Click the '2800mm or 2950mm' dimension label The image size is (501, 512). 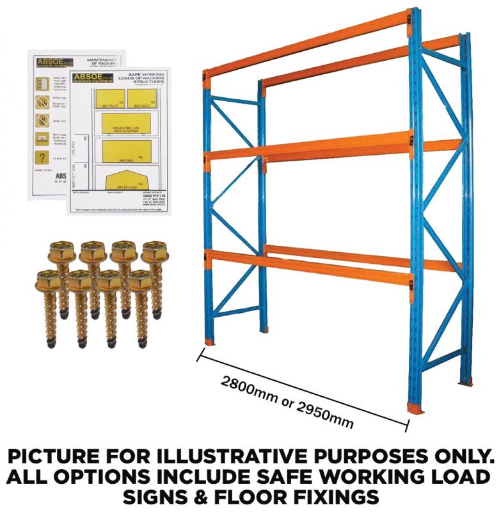[x=287, y=403]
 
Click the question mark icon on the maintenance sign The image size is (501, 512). [x=42, y=157]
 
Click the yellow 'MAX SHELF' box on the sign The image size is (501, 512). [x=126, y=150]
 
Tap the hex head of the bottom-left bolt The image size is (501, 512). [x=48, y=280]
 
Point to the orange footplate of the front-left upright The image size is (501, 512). [x=209, y=340]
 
